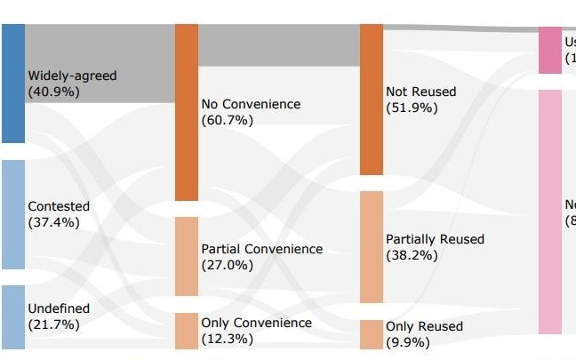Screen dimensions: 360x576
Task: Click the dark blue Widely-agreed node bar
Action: [12, 83]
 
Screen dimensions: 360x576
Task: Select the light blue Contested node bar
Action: [12, 214]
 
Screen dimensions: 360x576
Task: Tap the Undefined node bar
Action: [12, 316]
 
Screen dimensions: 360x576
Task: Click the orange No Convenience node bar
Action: [186, 112]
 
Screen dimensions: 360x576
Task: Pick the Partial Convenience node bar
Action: [186, 256]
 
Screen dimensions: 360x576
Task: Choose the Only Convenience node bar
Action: [186, 331]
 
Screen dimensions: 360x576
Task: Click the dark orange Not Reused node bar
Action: [371, 100]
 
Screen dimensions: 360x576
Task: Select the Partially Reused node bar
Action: [371, 247]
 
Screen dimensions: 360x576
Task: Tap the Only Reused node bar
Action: [371, 334]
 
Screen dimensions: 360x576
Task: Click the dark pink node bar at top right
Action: [550, 51]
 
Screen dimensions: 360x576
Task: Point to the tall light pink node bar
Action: [550, 212]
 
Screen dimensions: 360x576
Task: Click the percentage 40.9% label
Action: [54, 92]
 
